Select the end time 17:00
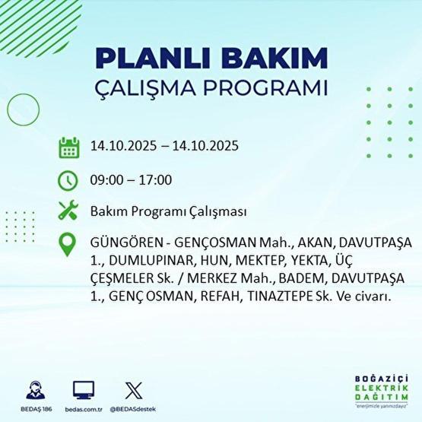coord(156,180)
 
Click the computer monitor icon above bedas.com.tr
coord(84,389)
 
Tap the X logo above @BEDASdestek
coord(132,389)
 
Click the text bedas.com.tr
coord(84,408)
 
